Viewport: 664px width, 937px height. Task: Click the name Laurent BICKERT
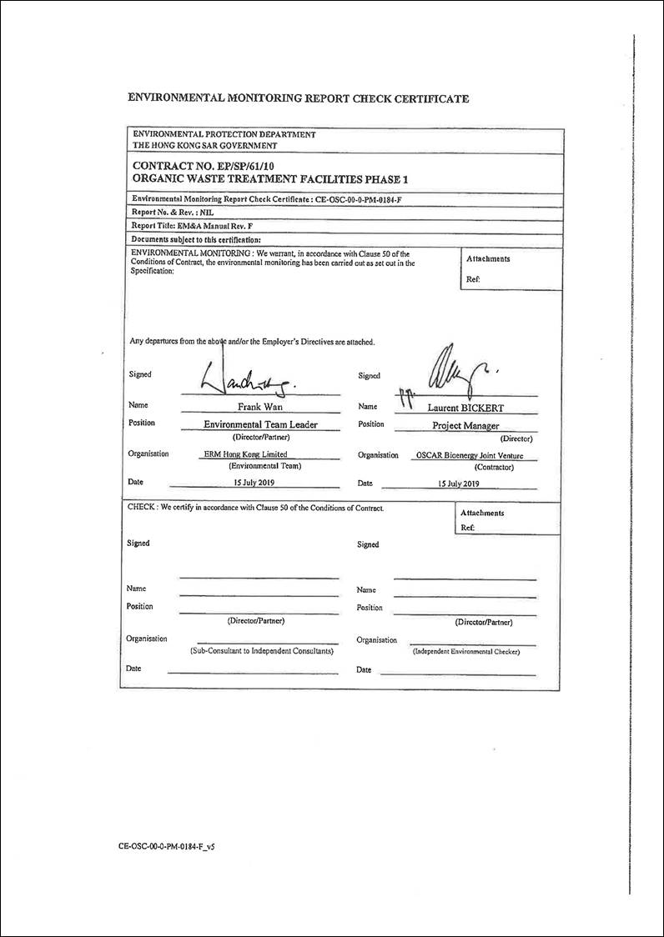click(x=465, y=408)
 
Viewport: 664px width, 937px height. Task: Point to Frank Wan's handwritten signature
click(x=250, y=380)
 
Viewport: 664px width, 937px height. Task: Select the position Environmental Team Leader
click(x=260, y=424)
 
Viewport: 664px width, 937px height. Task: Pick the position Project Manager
click(x=465, y=425)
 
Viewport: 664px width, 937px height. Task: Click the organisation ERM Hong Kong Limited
click(x=246, y=454)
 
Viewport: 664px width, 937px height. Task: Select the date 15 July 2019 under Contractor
click(x=459, y=484)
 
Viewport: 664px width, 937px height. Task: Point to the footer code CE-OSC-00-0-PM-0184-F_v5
click(x=168, y=845)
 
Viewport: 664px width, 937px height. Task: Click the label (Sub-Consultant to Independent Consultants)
click(x=262, y=650)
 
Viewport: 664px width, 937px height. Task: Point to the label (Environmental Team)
click(x=264, y=466)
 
